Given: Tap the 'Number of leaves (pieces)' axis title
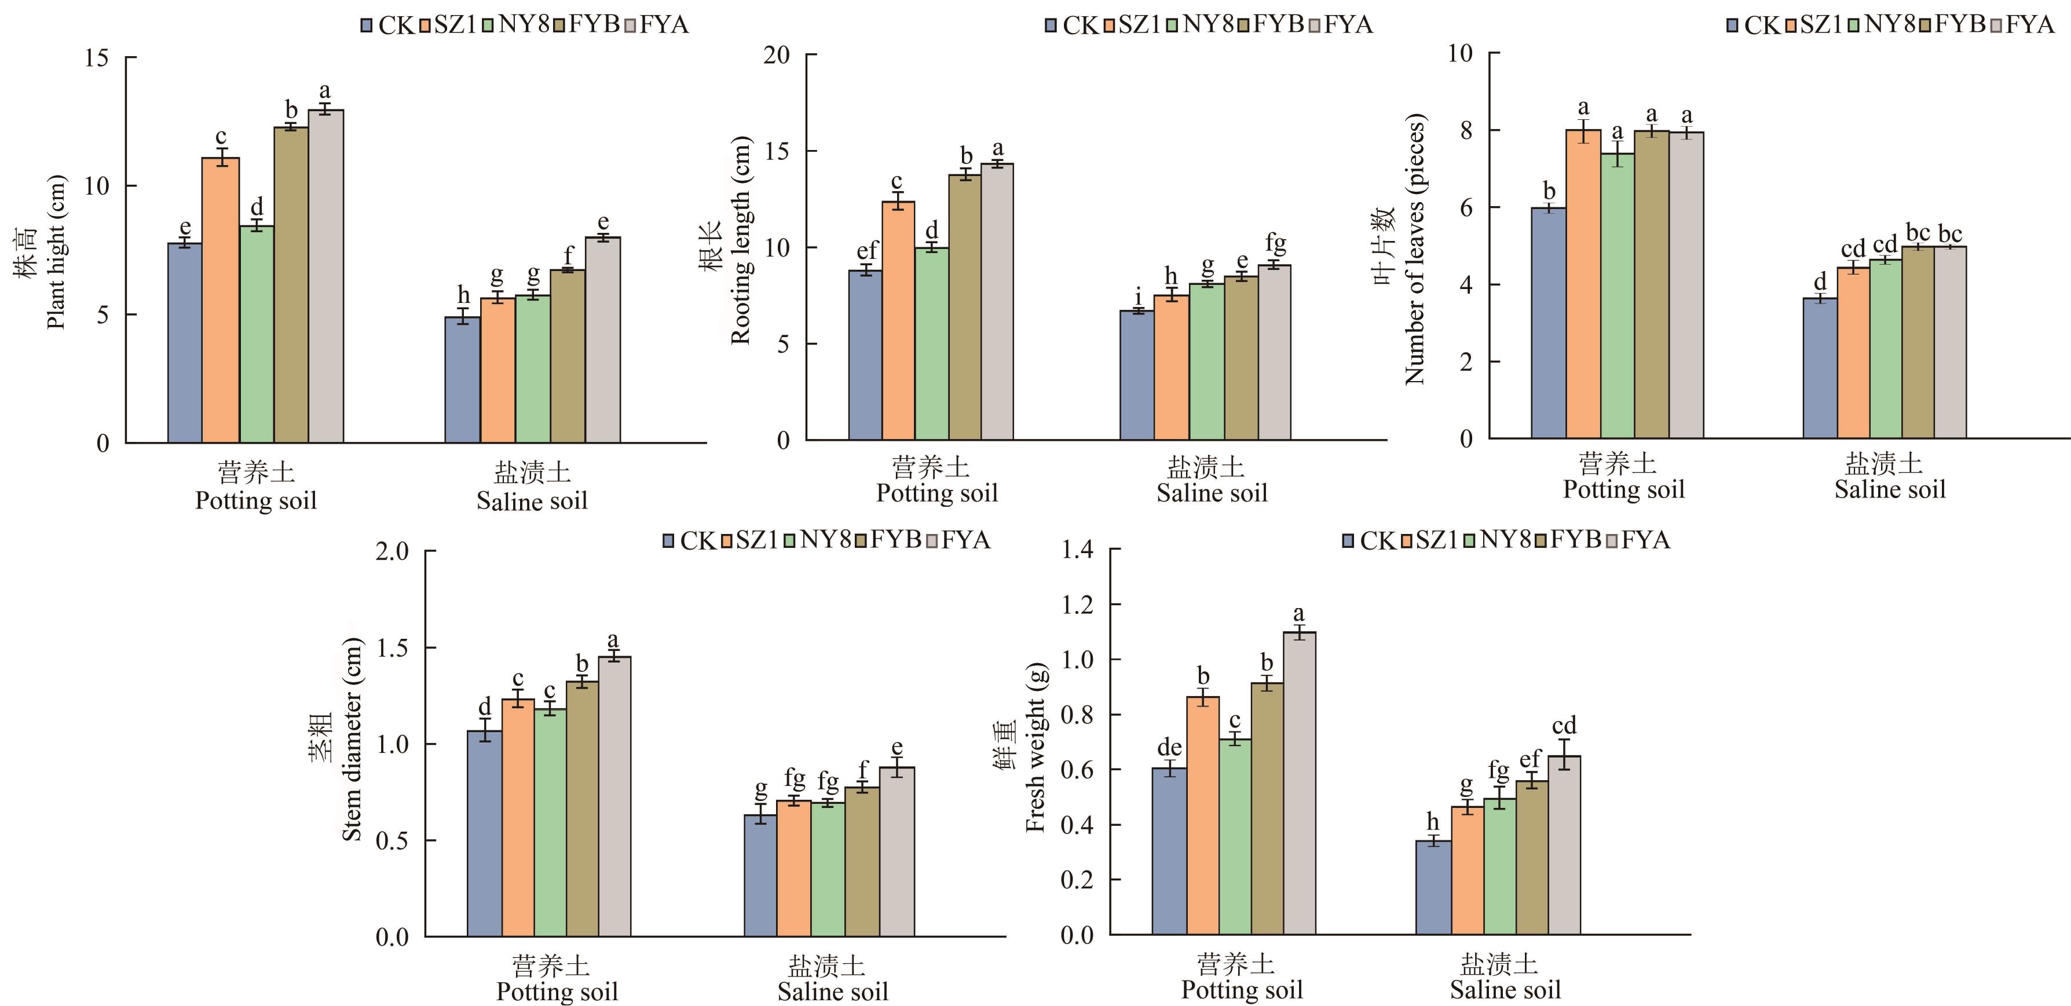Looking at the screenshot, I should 1414,249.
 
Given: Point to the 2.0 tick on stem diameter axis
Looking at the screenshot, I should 392,552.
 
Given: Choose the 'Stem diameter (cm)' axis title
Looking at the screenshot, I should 352,740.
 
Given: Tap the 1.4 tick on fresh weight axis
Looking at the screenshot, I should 1077,550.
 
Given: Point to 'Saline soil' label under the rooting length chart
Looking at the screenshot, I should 1212,493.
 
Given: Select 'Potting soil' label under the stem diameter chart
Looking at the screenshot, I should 557,992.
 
